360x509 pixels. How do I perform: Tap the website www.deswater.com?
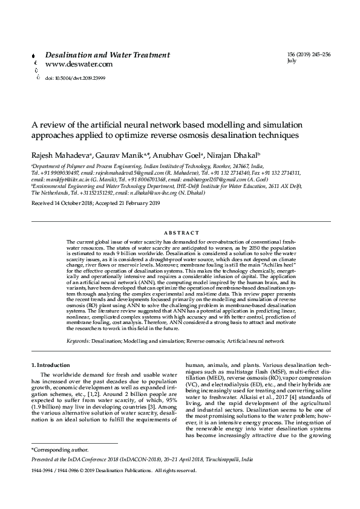coord(79,63)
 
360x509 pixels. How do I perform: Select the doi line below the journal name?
coord(71,79)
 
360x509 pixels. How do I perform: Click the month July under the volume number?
coord(292,61)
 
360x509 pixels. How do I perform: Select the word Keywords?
coord(78,341)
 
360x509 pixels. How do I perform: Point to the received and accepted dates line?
coord(95,204)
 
